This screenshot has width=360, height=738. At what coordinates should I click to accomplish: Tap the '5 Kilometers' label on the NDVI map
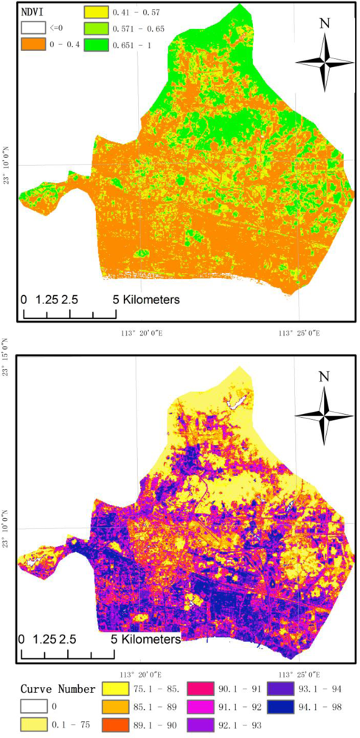point(147,300)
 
